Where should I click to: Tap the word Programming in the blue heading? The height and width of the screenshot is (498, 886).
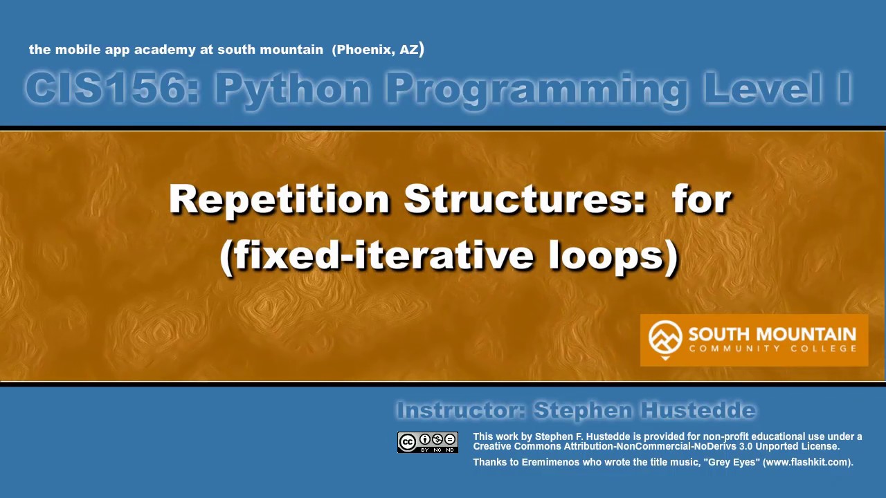tap(536, 89)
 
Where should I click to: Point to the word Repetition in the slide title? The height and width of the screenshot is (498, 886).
tap(279, 200)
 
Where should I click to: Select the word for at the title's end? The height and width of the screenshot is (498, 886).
tap(700, 200)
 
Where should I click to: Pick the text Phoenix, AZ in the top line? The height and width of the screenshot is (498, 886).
tap(377, 50)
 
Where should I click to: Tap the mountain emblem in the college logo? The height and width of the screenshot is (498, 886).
tap(665, 338)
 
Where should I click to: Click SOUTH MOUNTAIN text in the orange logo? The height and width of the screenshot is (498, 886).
tap(772, 335)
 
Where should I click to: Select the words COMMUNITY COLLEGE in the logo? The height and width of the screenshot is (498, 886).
tap(772, 349)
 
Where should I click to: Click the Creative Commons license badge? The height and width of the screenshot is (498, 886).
tap(428, 443)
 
